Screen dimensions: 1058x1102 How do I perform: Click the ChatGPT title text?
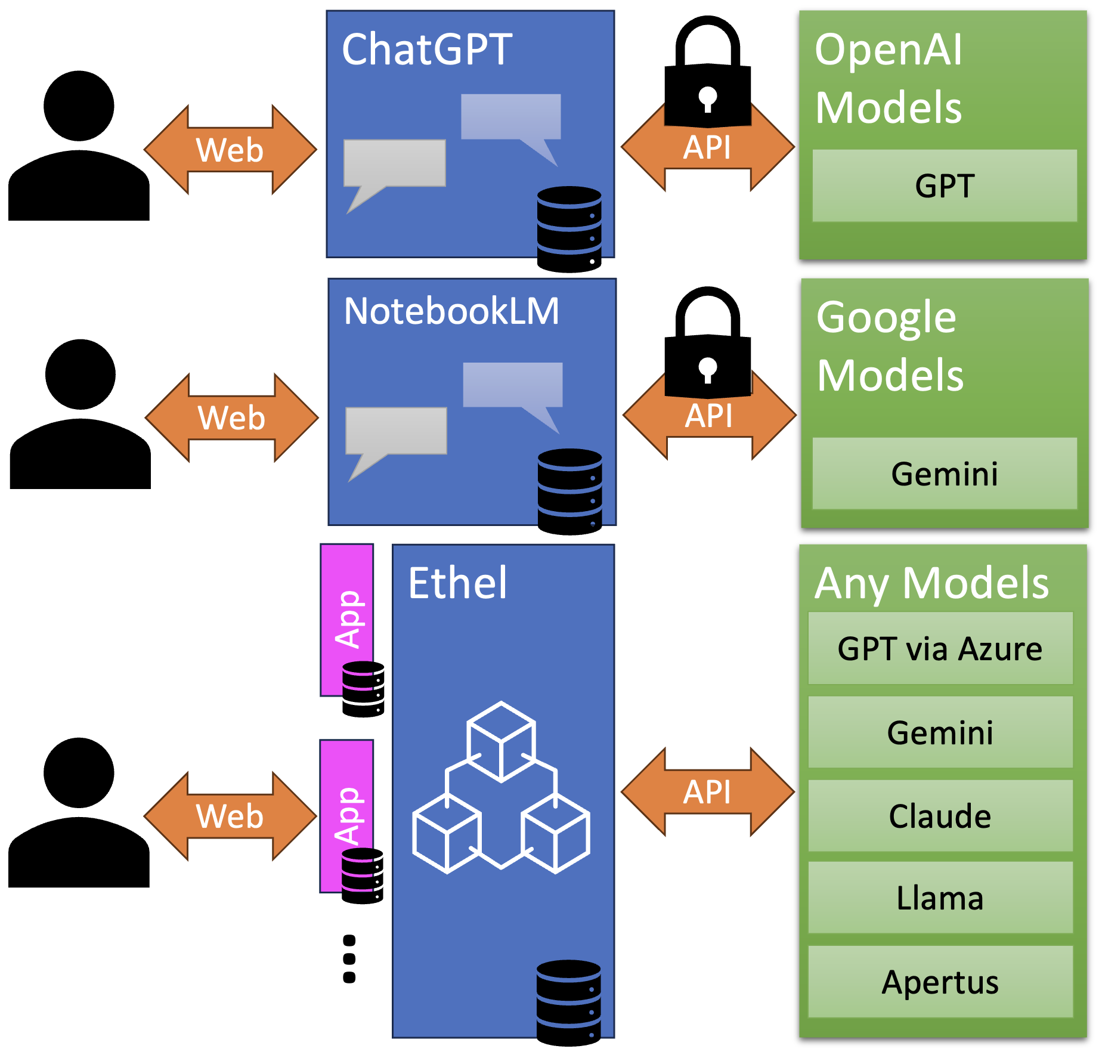(427, 50)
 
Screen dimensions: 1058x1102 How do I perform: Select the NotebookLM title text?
(451, 311)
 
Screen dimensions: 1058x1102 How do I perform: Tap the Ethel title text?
(457, 583)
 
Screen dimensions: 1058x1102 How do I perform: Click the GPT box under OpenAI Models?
(944, 186)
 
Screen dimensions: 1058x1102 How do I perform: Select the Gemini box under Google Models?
(944, 474)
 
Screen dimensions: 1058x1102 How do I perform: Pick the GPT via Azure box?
(940, 649)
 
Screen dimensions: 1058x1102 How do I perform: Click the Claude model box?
(940, 816)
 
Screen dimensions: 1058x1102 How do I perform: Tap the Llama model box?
(940, 898)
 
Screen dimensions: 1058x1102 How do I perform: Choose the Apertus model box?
(940, 982)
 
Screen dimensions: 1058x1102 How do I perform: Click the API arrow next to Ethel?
(707, 792)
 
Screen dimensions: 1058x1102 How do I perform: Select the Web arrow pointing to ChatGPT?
(230, 150)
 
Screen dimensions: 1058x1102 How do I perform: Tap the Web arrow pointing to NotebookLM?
(231, 417)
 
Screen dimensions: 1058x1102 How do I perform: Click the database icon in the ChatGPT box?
(569, 230)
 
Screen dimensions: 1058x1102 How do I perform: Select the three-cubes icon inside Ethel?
(501, 787)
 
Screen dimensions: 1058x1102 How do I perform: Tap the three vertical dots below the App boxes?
(349, 958)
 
